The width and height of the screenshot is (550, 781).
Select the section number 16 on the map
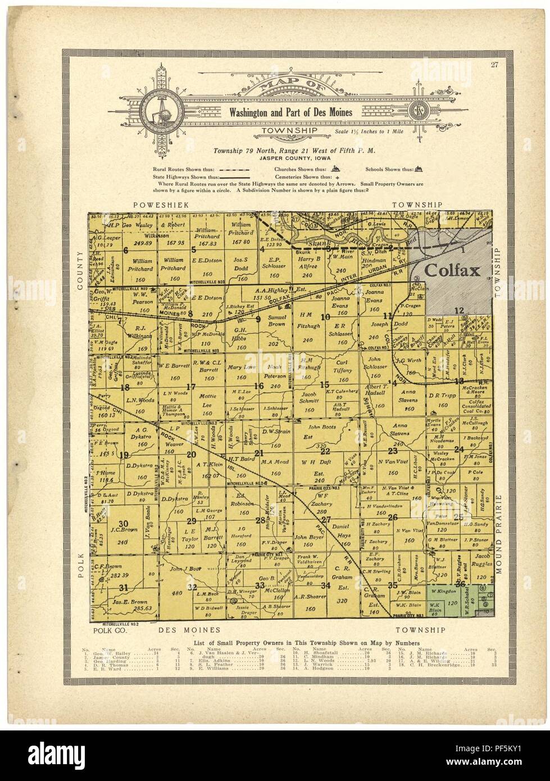[x=259, y=385]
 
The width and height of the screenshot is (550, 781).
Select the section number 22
[x=325, y=451]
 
